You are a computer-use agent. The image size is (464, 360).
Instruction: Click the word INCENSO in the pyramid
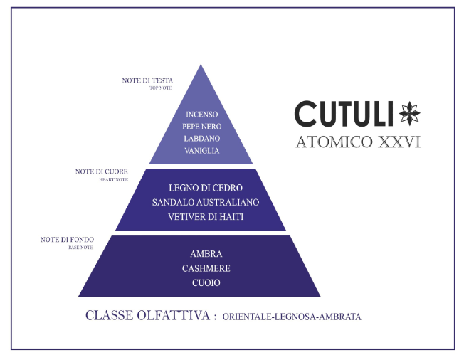point(201,115)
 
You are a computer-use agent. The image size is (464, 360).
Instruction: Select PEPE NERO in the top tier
point(201,127)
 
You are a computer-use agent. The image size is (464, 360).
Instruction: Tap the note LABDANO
point(201,139)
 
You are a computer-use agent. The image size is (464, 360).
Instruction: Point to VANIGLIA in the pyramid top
point(201,151)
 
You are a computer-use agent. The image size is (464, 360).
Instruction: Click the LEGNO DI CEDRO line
point(206,189)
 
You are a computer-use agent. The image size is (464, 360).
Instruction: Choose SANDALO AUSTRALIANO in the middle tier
point(206,202)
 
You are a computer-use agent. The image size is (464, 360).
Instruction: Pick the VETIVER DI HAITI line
point(206,216)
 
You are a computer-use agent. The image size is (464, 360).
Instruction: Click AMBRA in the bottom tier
point(206,254)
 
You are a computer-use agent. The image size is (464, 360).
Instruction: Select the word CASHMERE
point(206,268)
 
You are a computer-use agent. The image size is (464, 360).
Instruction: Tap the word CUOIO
point(206,282)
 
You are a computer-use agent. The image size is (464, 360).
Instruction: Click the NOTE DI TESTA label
point(147,80)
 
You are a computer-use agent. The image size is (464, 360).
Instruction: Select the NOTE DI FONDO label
point(67,240)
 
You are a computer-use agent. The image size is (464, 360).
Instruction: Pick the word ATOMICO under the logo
point(330,142)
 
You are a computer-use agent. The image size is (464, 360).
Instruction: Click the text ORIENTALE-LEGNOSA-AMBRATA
point(291,317)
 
